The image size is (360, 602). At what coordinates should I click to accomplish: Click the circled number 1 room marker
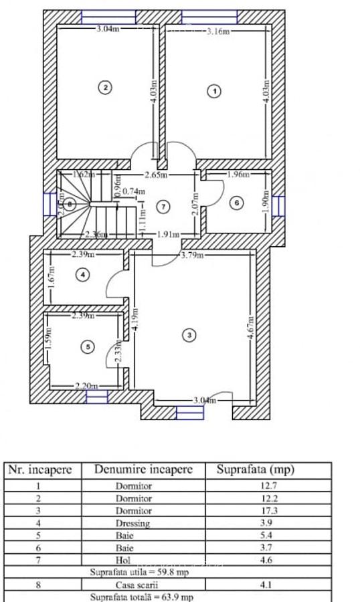click(x=214, y=90)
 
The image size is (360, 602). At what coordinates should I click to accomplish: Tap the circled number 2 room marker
click(x=104, y=86)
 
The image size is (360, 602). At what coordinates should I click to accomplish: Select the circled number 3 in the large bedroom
click(x=189, y=335)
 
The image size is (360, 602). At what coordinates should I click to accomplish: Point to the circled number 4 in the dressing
click(x=82, y=274)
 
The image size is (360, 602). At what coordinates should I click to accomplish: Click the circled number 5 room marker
click(x=88, y=346)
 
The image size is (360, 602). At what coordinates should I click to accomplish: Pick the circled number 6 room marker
click(x=236, y=203)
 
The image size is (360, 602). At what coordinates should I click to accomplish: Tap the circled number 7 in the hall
click(x=164, y=206)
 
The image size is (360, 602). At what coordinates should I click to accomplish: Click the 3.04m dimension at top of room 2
click(x=108, y=29)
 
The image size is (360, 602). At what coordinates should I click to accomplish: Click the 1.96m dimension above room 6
click(x=238, y=175)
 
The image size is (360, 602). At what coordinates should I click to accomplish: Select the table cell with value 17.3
click(x=268, y=511)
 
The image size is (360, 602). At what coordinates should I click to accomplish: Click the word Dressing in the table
click(x=133, y=523)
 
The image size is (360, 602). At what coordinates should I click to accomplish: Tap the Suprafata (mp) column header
click(x=255, y=469)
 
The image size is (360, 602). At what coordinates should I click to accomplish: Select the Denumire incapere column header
click(x=143, y=469)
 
